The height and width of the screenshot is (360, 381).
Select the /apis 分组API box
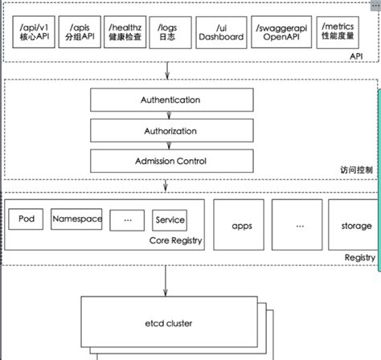point(81,31)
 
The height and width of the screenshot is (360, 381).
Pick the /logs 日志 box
point(171,31)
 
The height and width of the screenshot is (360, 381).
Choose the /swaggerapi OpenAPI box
point(277,31)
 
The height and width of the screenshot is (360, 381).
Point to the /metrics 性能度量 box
point(338,31)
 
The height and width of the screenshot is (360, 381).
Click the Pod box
point(25,219)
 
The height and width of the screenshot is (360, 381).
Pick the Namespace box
point(76,219)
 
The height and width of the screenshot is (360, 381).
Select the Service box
point(170,219)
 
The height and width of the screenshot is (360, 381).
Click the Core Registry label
point(174,240)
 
